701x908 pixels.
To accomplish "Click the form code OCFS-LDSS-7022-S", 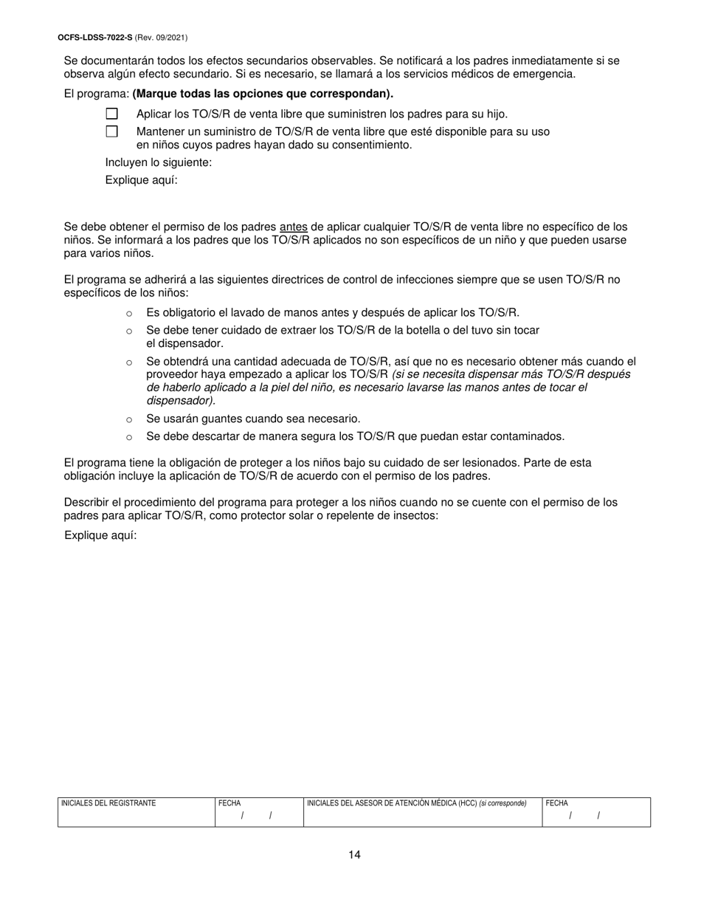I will (x=94, y=37).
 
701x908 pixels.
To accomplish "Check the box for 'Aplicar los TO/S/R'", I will (x=111, y=114).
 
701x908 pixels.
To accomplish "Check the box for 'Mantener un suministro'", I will (x=111, y=131).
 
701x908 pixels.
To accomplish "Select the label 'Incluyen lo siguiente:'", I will (x=159, y=162).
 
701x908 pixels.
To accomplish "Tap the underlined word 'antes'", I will (x=293, y=227).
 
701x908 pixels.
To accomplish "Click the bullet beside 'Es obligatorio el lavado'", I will (x=129, y=313).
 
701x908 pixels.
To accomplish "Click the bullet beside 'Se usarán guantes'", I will (x=129, y=419).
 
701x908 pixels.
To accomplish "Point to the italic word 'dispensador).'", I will (x=181, y=401).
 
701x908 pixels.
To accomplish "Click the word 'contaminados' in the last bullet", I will (x=530, y=436).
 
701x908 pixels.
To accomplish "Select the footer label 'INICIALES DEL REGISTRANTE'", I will (x=108, y=803).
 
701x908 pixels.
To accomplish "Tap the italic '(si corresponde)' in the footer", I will (x=503, y=803).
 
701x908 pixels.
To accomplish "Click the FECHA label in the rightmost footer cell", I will (x=556, y=803).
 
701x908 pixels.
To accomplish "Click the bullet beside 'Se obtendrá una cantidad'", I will (x=129, y=362).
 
